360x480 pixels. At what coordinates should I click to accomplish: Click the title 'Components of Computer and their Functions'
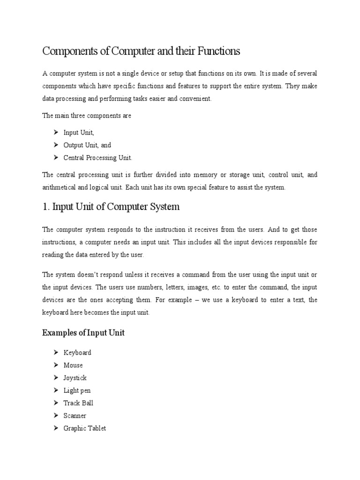141,51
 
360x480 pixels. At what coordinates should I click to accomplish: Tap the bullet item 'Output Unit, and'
87,145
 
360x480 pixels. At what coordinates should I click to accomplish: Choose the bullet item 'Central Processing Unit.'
101,158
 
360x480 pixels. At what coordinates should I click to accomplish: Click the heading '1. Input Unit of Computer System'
111,207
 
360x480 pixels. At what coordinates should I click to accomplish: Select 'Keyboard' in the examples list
77,352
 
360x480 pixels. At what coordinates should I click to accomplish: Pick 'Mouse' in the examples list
73,365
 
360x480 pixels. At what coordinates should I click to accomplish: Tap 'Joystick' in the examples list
75,378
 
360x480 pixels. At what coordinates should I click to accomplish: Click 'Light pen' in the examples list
77,390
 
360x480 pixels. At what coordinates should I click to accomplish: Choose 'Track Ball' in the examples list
78,403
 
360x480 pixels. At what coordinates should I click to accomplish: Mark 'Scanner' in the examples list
75,416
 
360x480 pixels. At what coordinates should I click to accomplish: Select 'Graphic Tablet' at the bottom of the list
85,428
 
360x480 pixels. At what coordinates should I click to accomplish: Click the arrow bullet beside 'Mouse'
55,365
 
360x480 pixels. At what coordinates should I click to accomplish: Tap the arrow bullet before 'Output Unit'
55,145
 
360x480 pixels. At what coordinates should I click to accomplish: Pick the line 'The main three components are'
87,116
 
